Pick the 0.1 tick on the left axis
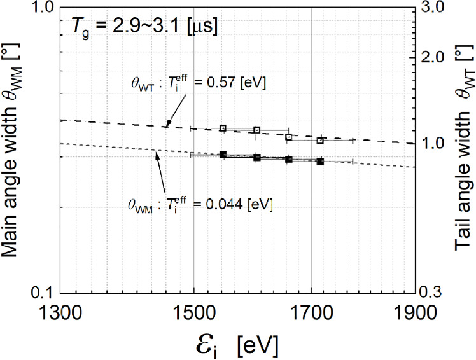click(43, 292)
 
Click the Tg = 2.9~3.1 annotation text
click(142, 29)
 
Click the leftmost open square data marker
click(223, 128)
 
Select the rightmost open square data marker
click(320, 141)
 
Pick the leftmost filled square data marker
click(223, 155)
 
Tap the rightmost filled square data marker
click(320, 162)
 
